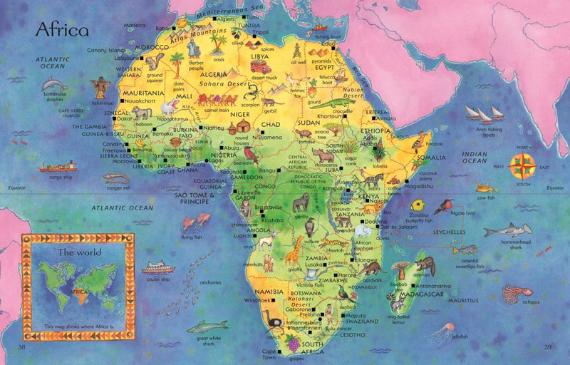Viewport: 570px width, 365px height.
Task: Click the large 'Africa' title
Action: tap(62, 31)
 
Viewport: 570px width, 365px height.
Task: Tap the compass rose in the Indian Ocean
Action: tap(523, 165)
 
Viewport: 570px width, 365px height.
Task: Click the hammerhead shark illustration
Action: tap(507, 230)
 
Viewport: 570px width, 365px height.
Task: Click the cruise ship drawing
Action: tap(157, 267)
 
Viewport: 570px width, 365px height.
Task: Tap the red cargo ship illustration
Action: tap(58, 167)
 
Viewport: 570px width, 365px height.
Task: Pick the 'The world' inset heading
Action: tap(79, 252)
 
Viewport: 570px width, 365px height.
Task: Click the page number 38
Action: tap(21, 347)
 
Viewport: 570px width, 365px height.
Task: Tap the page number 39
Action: tap(548, 347)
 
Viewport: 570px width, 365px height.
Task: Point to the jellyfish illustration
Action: tap(443, 330)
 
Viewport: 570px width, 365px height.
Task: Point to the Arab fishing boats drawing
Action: tap(484, 113)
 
